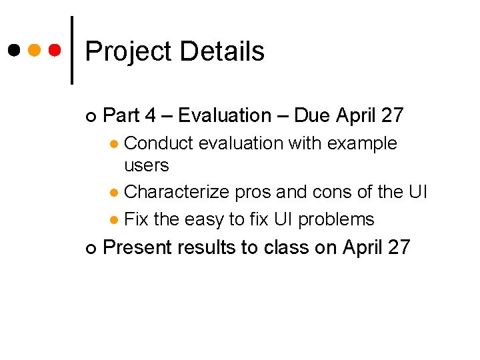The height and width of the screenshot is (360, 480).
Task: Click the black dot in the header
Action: point(13,50)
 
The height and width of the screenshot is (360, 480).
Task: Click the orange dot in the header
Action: point(35,50)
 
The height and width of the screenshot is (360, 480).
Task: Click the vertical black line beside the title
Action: point(72,50)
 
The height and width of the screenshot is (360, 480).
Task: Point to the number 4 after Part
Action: point(150,115)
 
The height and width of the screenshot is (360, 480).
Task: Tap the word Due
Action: point(312,115)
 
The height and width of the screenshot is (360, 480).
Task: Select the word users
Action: point(147,165)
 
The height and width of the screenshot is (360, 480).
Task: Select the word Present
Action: point(137,247)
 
